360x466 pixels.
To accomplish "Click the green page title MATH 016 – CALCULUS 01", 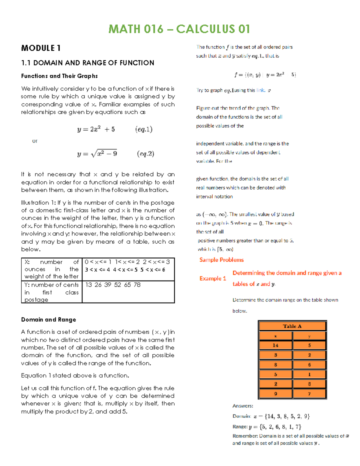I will click(x=179, y=29).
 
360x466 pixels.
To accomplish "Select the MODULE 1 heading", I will click(x=41, y=48).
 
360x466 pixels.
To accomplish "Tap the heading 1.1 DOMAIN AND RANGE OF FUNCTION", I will click(x=88, y=63).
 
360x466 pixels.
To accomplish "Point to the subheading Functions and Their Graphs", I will click(x=59, y=76).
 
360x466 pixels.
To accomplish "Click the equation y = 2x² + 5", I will click(x=96, y=129).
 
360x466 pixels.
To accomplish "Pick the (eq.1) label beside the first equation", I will click(x=144, y=129).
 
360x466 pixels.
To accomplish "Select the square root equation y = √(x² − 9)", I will click(x=97, y=154).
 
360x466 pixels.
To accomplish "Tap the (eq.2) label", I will click(x=145, y=154).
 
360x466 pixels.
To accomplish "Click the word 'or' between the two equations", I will click(x=35, y=141).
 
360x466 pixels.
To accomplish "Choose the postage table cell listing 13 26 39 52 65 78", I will click(x=113, y=285).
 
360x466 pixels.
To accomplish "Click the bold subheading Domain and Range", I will click(x=49, y=320).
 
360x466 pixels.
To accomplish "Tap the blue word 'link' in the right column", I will click(x=260, y=90).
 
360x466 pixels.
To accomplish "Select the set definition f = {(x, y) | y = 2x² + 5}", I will click(x=265, y=75).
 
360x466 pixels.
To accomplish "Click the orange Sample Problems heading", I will click(x=221, y=260).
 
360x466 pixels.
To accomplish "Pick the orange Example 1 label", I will click(x=213, y=278).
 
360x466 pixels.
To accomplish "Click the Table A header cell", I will click(x=292, y=326).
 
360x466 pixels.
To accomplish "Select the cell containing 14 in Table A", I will click(x=275, y=345).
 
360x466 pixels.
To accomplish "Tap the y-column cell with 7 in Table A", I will click(x=309, y=394).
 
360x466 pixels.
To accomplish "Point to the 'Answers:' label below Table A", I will click(x=243, y=406).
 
